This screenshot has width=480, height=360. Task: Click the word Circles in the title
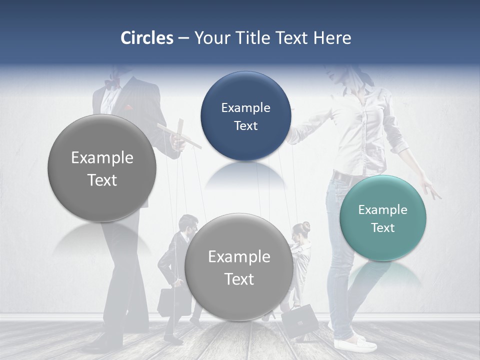click(147, 38)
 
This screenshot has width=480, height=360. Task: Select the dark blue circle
click(245, 116)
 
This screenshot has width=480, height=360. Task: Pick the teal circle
click(382, 218)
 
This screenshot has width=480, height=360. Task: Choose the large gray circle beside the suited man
click(102, 168)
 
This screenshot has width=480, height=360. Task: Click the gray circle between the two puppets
click(239, 267)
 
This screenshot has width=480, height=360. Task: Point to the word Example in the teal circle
click(382, 210)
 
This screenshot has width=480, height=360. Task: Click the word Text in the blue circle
click(245, 126)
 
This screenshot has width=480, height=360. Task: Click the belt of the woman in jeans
click(345, 176)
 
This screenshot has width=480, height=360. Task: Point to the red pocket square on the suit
click(129, 107)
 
